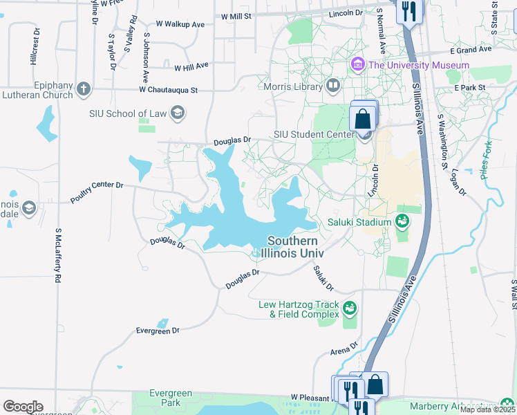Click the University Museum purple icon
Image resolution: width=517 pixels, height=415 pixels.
pyautogui.click(x=357, y=66)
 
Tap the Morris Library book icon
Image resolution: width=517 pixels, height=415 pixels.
pyautogui.click(x=333, y=86)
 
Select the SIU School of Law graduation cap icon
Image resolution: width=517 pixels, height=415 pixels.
pyautogui.click(x=177, y=113)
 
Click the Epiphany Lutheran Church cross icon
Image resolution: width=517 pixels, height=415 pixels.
pyautogui.click(x=83, y=89)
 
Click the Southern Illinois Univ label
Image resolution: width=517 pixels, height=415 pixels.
pyautogui.click(x=293, y=247)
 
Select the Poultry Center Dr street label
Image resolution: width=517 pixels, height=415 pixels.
pyautogui.click(x=96, y=193)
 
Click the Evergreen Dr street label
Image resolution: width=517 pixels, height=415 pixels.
pyautogui.click(x=158, y=331)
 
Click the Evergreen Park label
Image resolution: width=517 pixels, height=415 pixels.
pyautogui.click(x=166, y=398)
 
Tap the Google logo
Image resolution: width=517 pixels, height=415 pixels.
pyautogui.click(x=23, y=407)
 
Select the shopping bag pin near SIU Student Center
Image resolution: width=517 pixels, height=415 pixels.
pyautogui.click(x=363, y=118)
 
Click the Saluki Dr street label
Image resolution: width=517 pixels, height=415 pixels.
pyautogui.click(x=323, y=278)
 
